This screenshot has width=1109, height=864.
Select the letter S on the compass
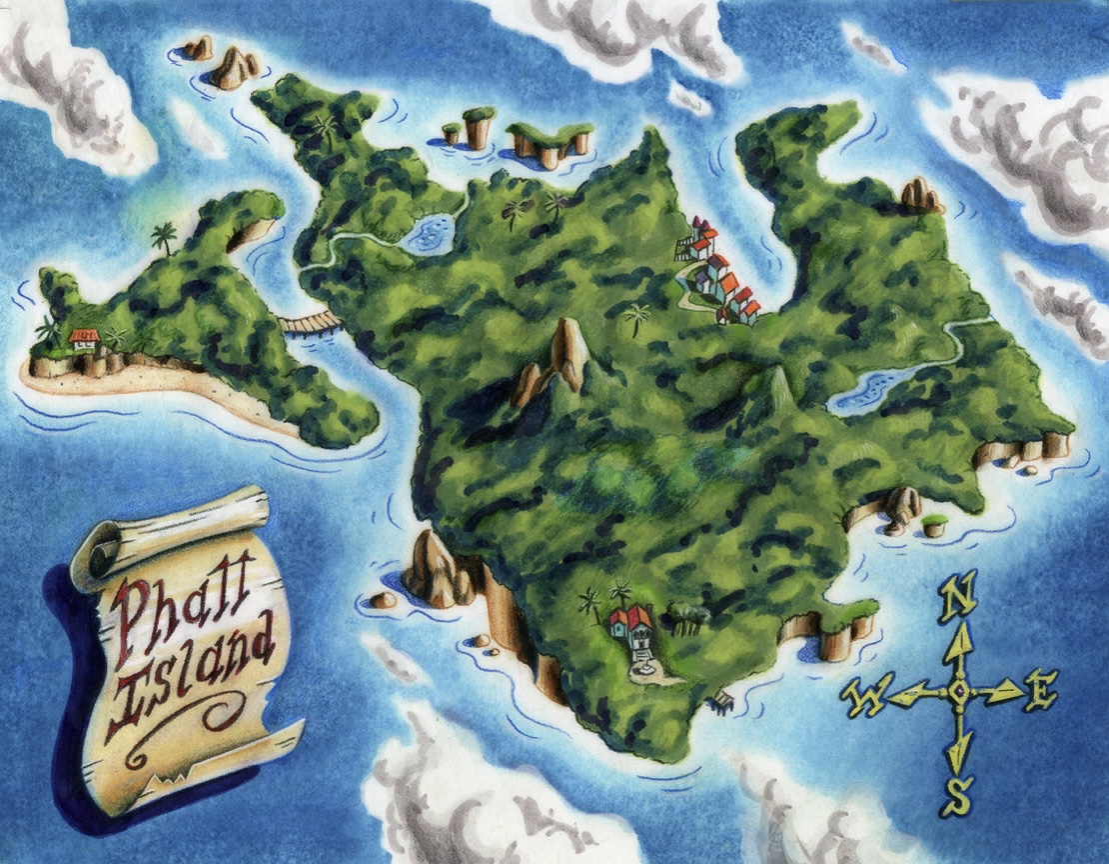[x=957, y=796]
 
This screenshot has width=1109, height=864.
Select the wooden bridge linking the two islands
[x=310, y=322]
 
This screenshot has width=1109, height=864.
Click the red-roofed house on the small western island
[x=86, y=338]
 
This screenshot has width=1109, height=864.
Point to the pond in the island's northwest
[x=428, y=234]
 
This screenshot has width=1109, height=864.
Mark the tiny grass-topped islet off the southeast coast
[x=934, y=524]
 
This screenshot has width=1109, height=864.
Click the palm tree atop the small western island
[x=163, y=237]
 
